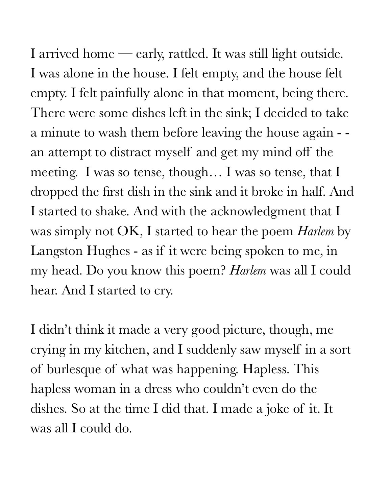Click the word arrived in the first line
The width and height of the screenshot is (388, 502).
[x=58, y=54]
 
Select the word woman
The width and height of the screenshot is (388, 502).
[x=94, y=389]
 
